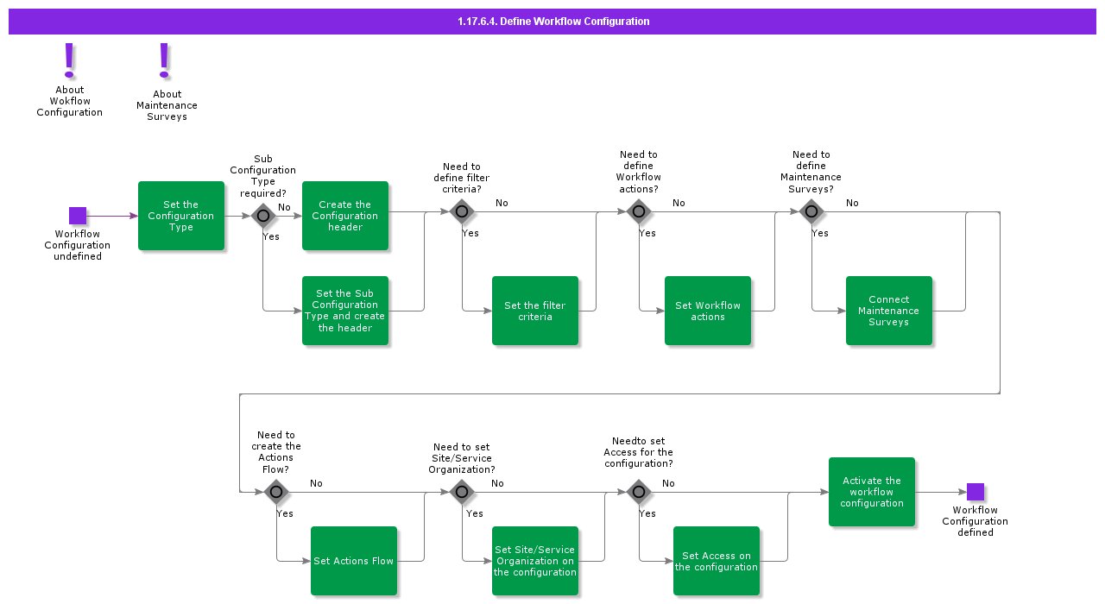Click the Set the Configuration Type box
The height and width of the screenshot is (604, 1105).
(181, 216)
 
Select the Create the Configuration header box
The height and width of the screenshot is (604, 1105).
(345, 216)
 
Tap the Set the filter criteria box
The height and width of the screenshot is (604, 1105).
(535, 311)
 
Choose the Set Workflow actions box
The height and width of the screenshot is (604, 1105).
(708, 311)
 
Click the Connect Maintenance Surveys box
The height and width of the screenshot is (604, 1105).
(889, 311)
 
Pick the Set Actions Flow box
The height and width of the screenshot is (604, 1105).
(354, 561)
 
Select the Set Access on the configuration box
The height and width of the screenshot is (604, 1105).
(717, 561)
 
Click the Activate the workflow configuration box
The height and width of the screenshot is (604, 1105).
(872, 492)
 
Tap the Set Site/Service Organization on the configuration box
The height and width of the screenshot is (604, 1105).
(535, 561)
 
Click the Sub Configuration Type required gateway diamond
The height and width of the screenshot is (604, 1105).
(263, 216)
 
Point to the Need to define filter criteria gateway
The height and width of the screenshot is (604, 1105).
(462, 211)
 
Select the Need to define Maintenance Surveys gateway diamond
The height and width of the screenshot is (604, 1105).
(811, 211)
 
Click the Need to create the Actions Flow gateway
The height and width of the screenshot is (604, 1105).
(276, 493)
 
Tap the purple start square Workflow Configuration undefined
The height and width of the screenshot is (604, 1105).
(78, 216)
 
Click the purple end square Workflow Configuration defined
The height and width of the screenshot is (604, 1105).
(976, 492)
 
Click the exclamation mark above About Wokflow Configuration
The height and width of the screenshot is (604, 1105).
(70, 60)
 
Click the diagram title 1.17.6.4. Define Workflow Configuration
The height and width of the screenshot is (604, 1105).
(553, 22)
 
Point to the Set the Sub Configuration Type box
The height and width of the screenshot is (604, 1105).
(345, 311)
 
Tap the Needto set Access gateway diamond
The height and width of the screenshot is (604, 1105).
(638, 493)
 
